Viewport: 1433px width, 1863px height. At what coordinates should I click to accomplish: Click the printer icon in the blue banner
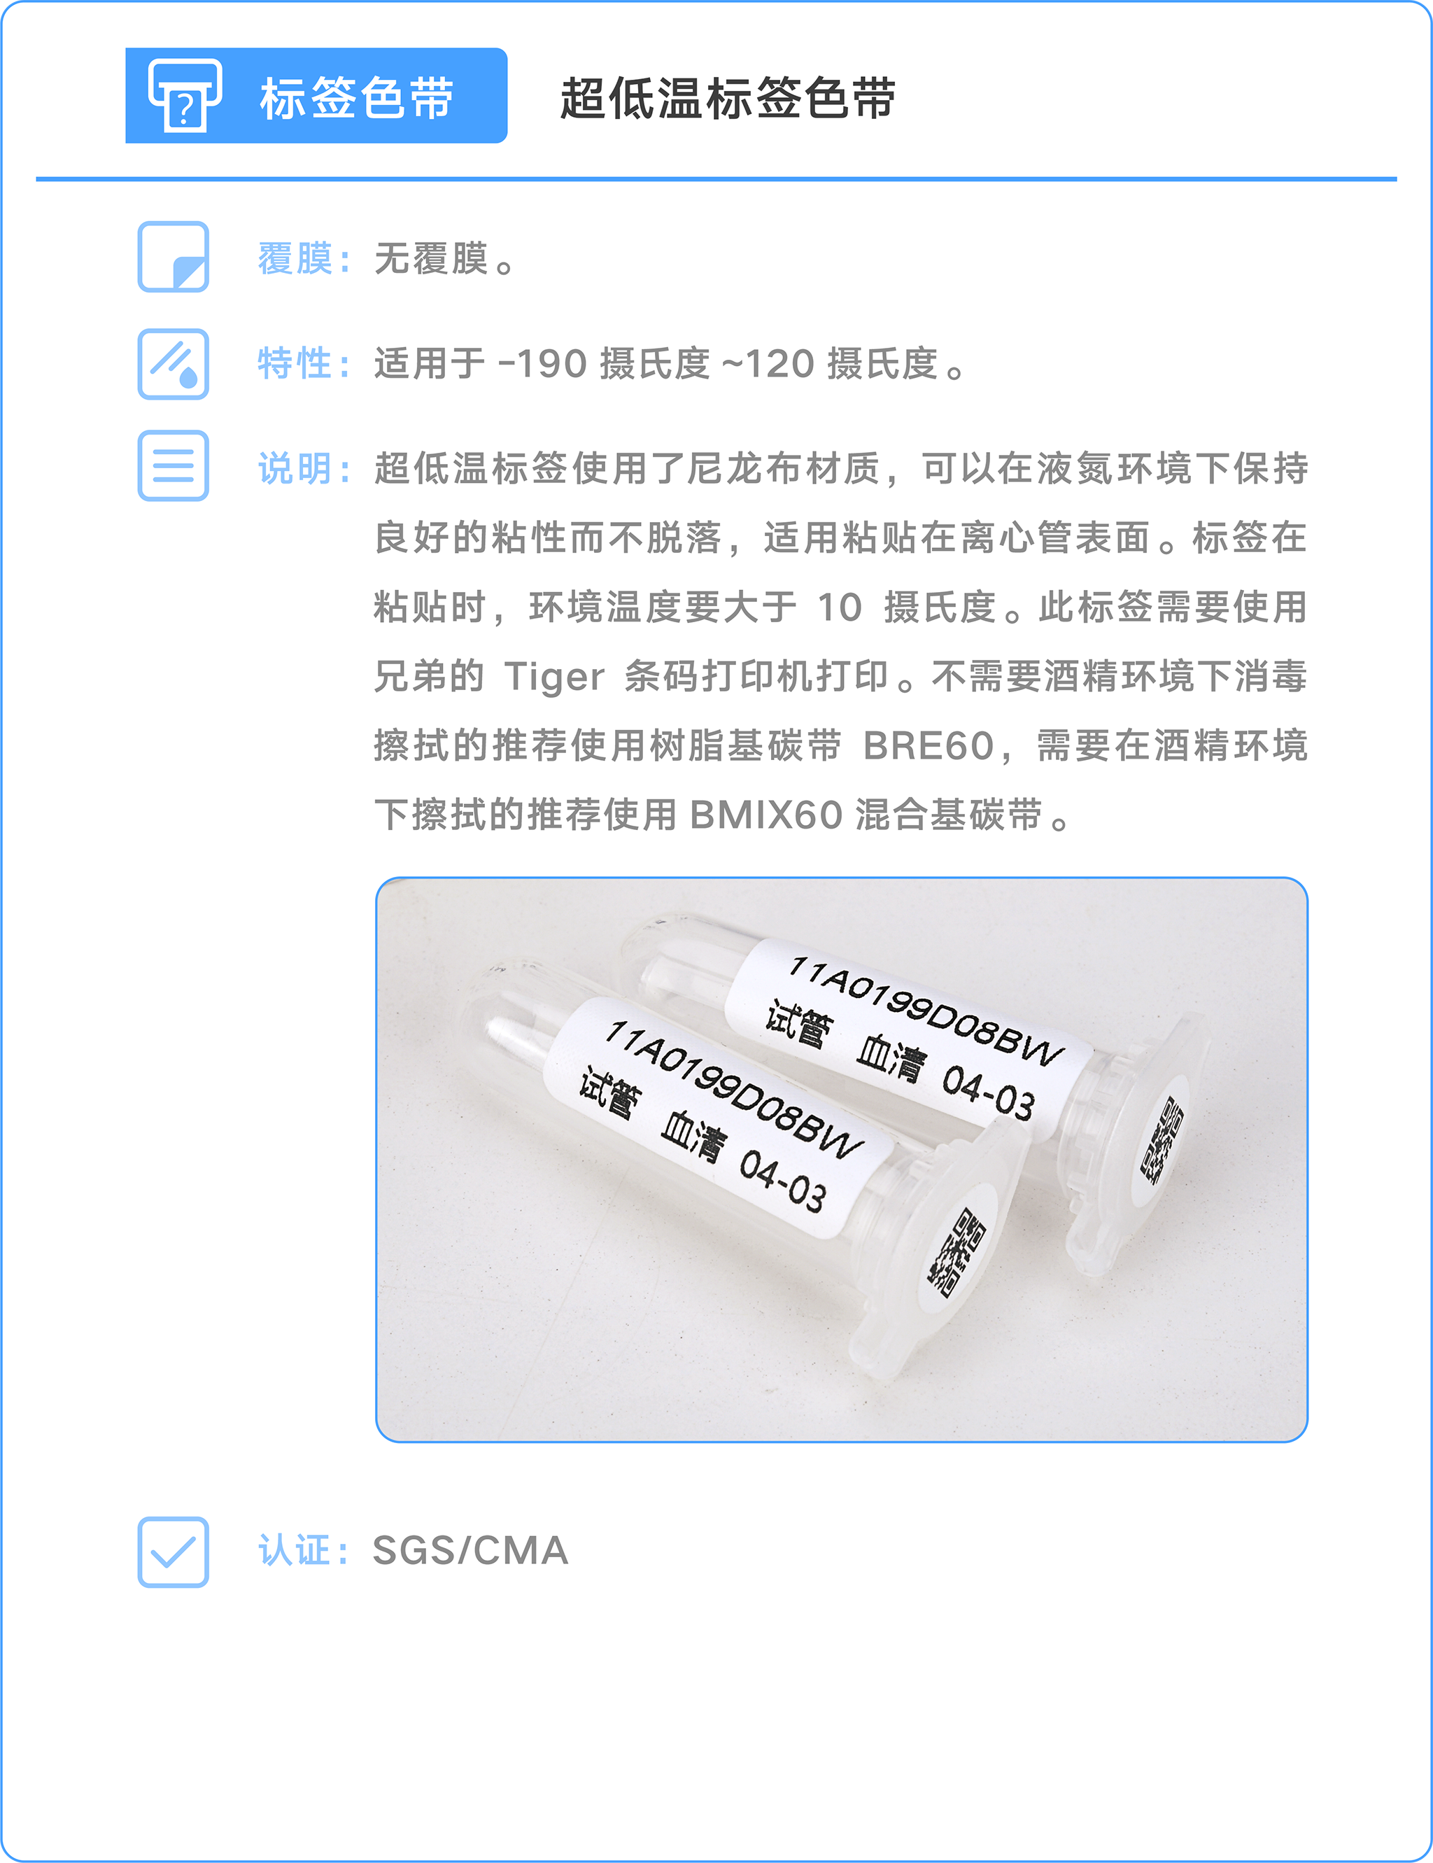click(184, 94)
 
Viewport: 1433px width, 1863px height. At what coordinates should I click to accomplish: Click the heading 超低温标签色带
click(728, 97)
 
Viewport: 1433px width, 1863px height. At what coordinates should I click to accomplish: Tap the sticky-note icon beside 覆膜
click(173, 257)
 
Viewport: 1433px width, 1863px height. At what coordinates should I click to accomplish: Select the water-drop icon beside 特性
click(173, 363)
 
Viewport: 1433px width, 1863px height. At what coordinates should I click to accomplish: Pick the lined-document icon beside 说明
click(173, 466)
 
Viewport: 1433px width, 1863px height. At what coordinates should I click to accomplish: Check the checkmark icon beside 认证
click(173, 1552)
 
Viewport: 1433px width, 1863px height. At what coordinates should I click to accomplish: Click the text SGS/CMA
click(470, 1551)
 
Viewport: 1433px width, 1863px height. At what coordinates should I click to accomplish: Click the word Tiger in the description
click(553, 677)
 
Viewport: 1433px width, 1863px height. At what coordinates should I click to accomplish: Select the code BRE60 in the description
click(928, 745)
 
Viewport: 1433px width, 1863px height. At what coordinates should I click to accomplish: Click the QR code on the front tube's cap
click(957, 1251)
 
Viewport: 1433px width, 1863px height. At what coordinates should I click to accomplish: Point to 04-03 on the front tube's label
click(783, 1181)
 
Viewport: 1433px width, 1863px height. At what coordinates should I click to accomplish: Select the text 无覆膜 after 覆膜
click(431, 258)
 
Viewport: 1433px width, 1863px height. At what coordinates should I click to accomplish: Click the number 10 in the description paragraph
click(840, 607)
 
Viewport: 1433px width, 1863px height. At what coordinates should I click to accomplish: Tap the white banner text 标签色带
click(357, 97)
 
